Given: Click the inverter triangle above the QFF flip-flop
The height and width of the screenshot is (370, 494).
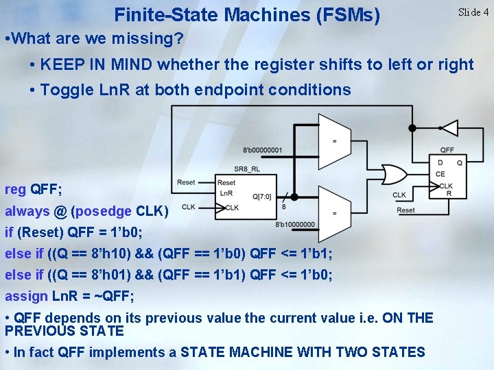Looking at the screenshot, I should click(449, 127).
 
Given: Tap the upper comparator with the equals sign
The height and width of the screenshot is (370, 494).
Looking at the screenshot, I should click(334, 141).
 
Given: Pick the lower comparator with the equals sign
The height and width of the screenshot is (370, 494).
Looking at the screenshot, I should click(334, 212).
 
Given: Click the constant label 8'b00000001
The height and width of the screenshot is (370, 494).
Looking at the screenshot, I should click(262, 150).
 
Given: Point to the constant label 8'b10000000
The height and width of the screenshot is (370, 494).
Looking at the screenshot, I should click(295, 224).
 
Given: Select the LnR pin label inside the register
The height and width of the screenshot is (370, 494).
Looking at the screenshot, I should click(226, 194).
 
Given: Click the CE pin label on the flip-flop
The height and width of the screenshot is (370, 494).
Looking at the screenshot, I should click(440, 174).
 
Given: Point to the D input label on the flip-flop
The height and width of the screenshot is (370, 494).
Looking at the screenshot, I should click(440, 162).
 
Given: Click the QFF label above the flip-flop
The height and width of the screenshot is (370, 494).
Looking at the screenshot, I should click(447, 150).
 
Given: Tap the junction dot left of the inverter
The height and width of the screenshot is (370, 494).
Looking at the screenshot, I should click(412, 127).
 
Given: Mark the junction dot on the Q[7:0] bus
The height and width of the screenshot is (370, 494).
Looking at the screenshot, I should click(295, 194).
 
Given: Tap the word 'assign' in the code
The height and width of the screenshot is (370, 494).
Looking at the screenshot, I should click(25, 296).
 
